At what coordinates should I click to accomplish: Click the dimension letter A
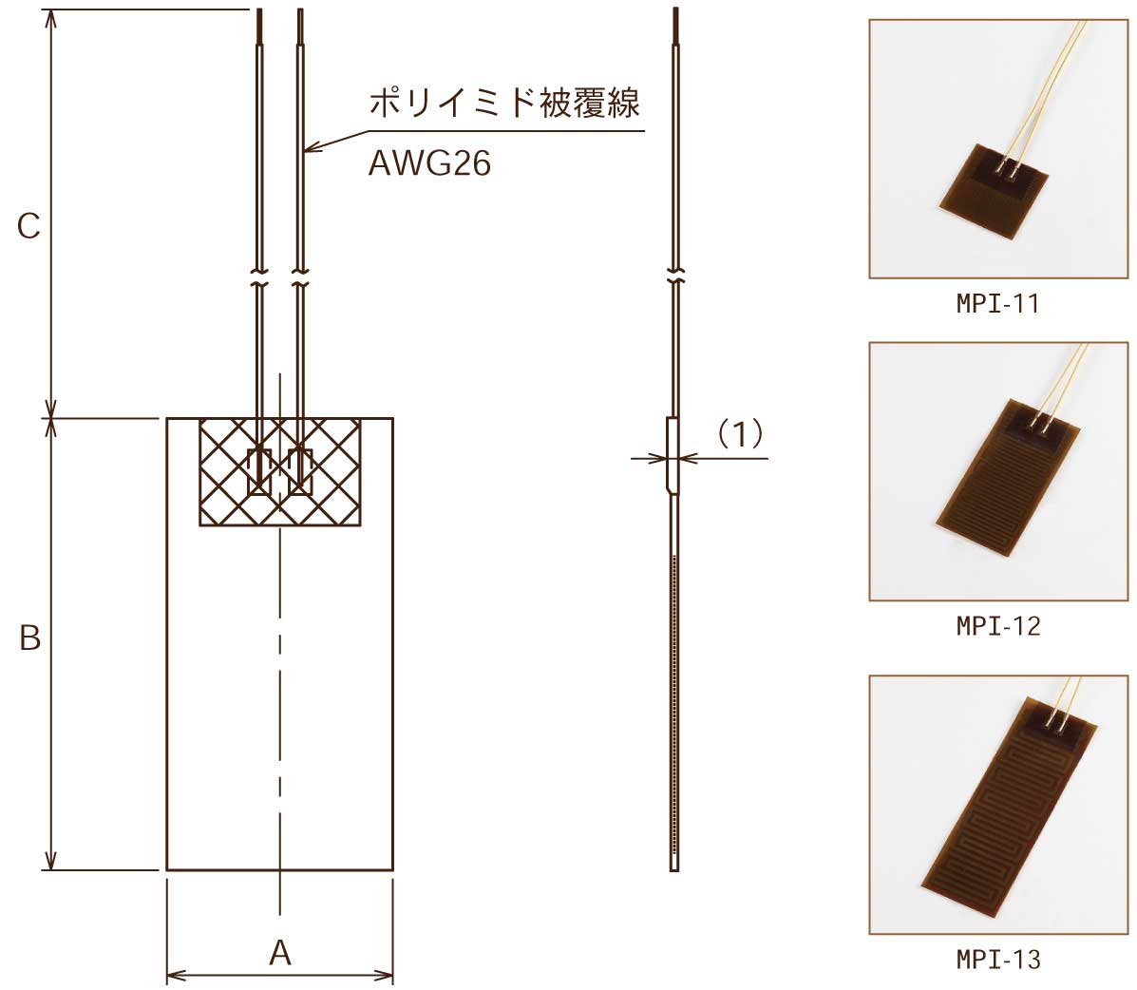click(x=279, y=952)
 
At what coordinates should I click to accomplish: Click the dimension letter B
click(x=30, y=638)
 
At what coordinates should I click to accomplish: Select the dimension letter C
click(x=28, y=226)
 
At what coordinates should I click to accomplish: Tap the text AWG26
click(x=429, y=164)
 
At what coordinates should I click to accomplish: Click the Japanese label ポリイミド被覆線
click(x=504, y=103)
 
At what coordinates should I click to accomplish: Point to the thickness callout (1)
click(x=738, y=434)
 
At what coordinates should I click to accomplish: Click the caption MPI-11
click(x=997, y=304)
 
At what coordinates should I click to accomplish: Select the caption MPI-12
click(x=997, y=626)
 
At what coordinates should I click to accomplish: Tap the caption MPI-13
click(x=997, y=960)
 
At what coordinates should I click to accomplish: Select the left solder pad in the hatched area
click(x=259, y=471)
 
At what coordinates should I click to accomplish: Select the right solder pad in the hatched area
click(x=301, y=471)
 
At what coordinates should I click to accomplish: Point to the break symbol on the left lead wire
click(x=258, y=280)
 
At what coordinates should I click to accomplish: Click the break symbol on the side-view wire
click(x=674, y=279)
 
